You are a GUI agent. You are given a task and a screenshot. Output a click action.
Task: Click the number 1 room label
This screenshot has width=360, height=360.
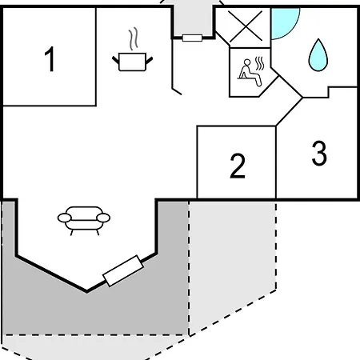(x=50, y=59)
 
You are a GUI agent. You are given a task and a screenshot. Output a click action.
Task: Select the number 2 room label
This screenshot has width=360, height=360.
(x=238, y=166)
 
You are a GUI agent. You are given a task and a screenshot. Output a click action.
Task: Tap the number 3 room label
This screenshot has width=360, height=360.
(x=319, y=153)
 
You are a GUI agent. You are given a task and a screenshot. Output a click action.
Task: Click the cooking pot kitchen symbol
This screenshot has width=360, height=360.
(x=132, y=62)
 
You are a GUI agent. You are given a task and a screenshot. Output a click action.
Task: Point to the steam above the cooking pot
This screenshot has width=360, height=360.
(x=134, y=38)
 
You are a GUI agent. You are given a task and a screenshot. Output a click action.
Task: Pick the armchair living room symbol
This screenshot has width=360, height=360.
(x=84, y=221)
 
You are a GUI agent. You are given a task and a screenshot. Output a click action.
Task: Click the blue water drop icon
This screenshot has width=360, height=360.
(x=318, y=55)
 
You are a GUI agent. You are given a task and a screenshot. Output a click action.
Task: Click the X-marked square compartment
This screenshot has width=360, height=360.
(x=245, y=26)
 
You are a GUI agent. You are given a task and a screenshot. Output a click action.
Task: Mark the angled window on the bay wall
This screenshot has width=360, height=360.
(x=123, y=270)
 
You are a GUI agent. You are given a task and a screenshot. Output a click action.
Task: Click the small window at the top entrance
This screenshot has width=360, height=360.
(x=192, y=38)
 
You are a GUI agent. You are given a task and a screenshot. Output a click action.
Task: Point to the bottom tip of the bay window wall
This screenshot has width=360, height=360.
(x=87, y=291)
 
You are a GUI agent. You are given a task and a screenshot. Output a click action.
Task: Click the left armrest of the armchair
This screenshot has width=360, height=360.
(x=65, y=218)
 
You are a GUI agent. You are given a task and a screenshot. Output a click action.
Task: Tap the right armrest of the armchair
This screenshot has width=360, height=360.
(x=103, y=218)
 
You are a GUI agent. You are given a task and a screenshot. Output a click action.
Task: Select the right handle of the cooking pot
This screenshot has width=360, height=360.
(x=150, y=61)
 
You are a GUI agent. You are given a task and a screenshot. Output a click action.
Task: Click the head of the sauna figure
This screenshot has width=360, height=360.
(x=247, y=62)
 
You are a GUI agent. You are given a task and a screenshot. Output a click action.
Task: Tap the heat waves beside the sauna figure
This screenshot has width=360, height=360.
(x=259, y=64)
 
